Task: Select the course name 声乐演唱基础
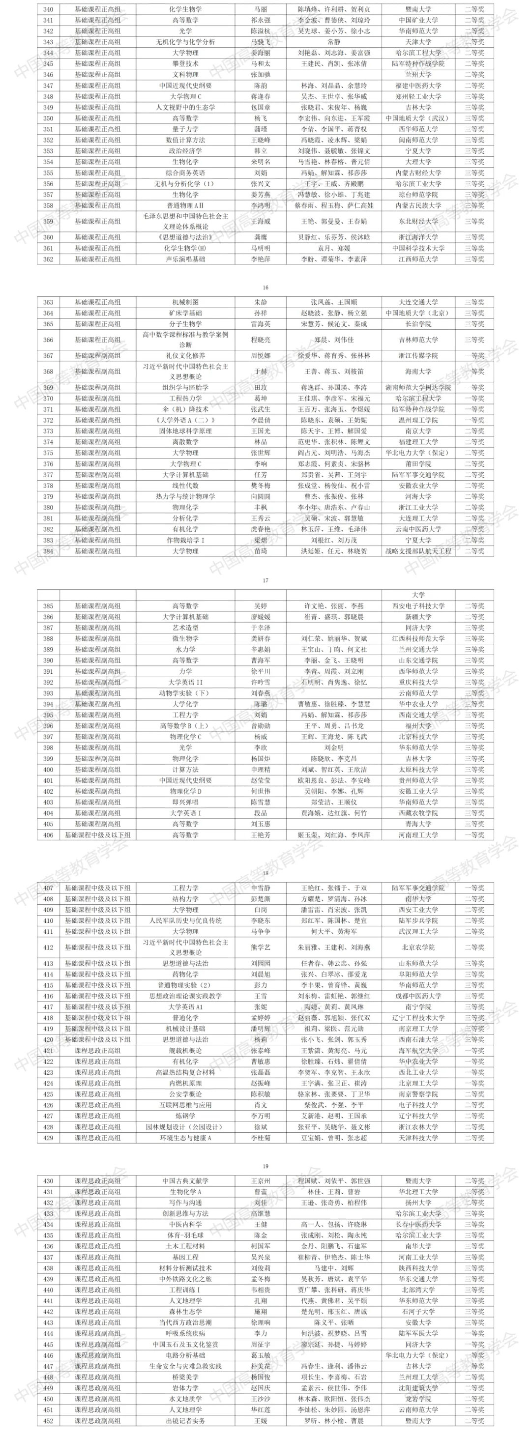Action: pos(185,259)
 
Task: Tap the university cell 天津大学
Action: pos(418,42)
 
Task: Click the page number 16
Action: pos(265,287)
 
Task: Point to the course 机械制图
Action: pos(185,302)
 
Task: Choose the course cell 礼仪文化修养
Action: pos(185,355)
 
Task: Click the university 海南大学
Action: pos(418,371)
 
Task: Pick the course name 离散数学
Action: pos(185,442)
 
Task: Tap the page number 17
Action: pos(265,580)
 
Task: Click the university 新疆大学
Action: pos(418,617)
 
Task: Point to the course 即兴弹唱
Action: pos(185,802)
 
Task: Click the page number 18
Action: pos(265,873)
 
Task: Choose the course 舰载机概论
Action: pos(185,1051)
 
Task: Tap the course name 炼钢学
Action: pos(185,1116)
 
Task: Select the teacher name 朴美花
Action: pos(260,1366)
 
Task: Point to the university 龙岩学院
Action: pos(418,1399)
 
